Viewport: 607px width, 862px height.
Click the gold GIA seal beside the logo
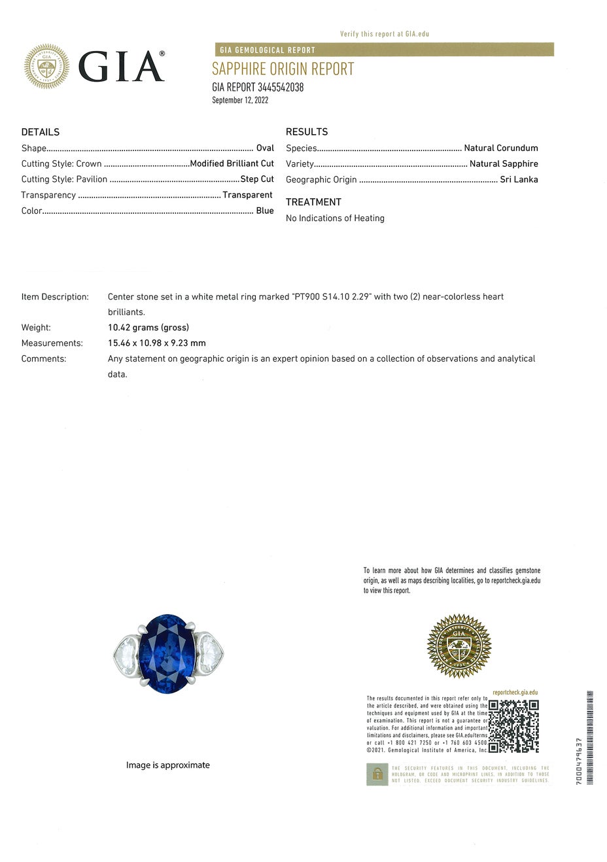[x=46, y=66]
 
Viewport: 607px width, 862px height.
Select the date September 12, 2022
[x=240, y=100]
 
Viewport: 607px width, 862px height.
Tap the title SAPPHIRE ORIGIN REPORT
[x=283, y=69]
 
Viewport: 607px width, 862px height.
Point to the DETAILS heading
[x=40, y=132]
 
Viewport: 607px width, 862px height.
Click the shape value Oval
[x=265, y=148]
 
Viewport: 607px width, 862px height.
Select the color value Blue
[x=264, y=211]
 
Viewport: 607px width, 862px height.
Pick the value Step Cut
[x=257, y=179]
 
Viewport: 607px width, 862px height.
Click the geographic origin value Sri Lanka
[x=519, y=179]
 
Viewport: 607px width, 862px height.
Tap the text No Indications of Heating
[x=335, y=218]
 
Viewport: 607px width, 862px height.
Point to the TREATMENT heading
[x=313, y=202]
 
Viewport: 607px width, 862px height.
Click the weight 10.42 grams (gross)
[x=148, y=328]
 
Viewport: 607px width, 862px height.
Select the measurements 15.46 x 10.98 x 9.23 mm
[x=157, y=343]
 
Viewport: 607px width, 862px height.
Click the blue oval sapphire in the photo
[x=167, y=653]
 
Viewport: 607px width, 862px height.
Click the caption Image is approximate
[x=168, y=765]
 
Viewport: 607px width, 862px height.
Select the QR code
[x=513, y=726]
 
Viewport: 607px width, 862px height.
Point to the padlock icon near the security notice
[x=377, y=774]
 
